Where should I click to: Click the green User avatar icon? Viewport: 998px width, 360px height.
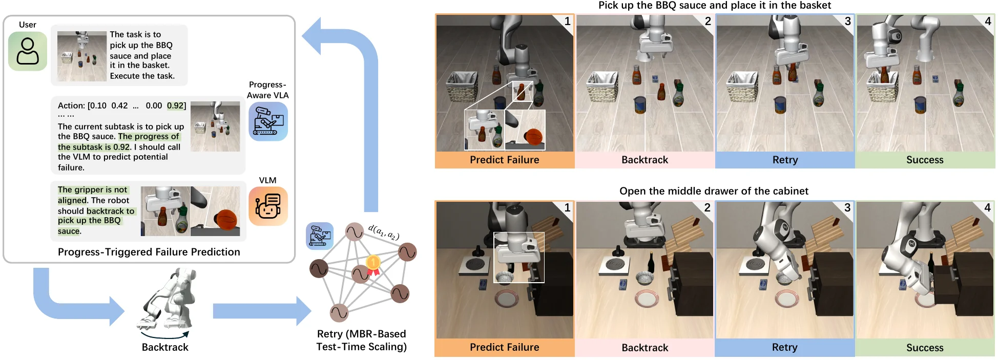click(x=28, y=51)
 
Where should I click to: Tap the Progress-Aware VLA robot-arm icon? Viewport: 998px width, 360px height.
click(x=268, y=121)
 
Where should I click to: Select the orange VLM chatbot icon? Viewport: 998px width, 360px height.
click(x=268, y=206)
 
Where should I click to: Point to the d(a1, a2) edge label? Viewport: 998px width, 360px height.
click(x=384, y=232)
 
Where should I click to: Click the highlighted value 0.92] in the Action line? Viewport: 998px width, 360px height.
click(x=176, y=105)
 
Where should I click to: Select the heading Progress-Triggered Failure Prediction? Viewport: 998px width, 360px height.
click(x=149, y=252)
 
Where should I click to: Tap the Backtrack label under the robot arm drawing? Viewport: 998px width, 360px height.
click(x=165, y=347)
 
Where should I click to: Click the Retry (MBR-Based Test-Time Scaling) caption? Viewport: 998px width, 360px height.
click(x=361, y=340)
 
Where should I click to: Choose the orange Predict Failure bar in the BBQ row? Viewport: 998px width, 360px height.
click(x=504, y=160)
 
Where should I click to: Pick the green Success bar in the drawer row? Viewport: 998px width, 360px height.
click(x=925, y=348)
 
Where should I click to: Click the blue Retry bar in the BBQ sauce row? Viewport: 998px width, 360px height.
click(x=785, y=160)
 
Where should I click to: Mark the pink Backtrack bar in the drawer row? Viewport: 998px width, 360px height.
click(x=644, y=348)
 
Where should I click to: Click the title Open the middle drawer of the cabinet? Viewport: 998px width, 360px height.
click(x=714, y=191)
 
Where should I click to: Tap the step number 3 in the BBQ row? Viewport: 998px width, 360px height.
click(x=848, y=21)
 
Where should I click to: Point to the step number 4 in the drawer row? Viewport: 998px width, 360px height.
click(x=987, y=208)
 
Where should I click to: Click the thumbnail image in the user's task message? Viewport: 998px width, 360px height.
click(x=82, y=56)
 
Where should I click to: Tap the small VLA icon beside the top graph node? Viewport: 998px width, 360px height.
click(x=320, y=236)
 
